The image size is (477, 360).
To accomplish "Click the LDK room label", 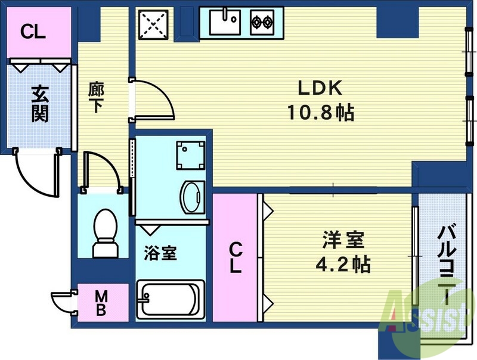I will pos(320,88).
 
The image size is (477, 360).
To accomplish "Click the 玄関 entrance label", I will pos(39,104).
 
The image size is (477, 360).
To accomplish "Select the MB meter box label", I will pos(102,302).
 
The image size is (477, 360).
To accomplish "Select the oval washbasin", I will pos(192,196).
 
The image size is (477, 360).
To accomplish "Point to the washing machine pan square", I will pos(190,156).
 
